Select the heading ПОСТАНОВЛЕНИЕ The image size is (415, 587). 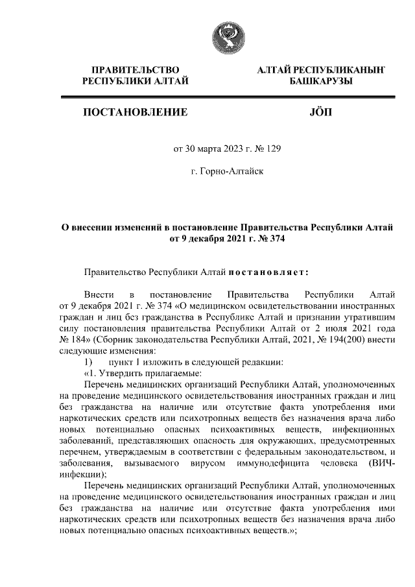point(136,112)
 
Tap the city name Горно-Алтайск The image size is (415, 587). point(227,172)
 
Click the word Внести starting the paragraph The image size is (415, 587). point(99,296)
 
